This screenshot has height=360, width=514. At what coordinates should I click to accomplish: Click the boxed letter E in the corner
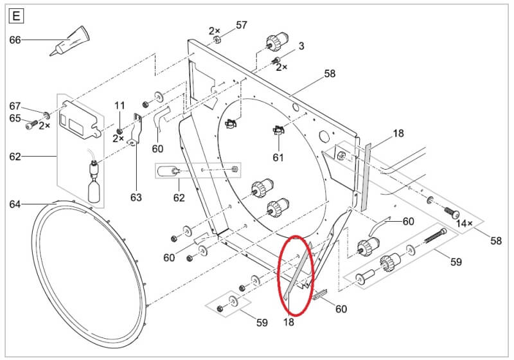pos(16,16)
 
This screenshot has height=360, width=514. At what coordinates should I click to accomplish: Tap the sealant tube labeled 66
pos(70,41)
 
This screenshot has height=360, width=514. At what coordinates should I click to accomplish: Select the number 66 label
pos(15,40)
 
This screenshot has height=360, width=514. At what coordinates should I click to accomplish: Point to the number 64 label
pos(15,204)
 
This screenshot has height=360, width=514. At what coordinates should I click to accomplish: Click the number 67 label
pos(15,106)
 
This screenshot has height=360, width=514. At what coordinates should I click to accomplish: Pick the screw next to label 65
pos(31,125)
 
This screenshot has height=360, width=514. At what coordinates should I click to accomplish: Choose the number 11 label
pos(120,105)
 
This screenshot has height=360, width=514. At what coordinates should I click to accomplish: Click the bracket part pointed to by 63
pos(137,129)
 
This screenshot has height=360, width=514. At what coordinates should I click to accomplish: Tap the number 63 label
pos(136,197)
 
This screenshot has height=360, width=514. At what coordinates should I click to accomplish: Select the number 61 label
pos(278,157)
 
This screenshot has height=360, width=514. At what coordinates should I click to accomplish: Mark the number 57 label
pos(242,25)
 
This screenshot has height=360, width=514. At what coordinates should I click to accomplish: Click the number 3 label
pos(301,46)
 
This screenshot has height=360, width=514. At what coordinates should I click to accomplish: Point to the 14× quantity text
pos(465,224)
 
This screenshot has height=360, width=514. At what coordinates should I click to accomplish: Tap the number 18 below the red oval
pos(288,322)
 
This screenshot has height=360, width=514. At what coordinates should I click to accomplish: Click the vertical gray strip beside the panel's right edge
pos(365,177)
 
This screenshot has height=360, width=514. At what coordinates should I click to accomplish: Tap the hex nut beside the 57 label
pos(217,40)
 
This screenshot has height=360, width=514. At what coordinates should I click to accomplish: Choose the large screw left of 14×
pos(452,212)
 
